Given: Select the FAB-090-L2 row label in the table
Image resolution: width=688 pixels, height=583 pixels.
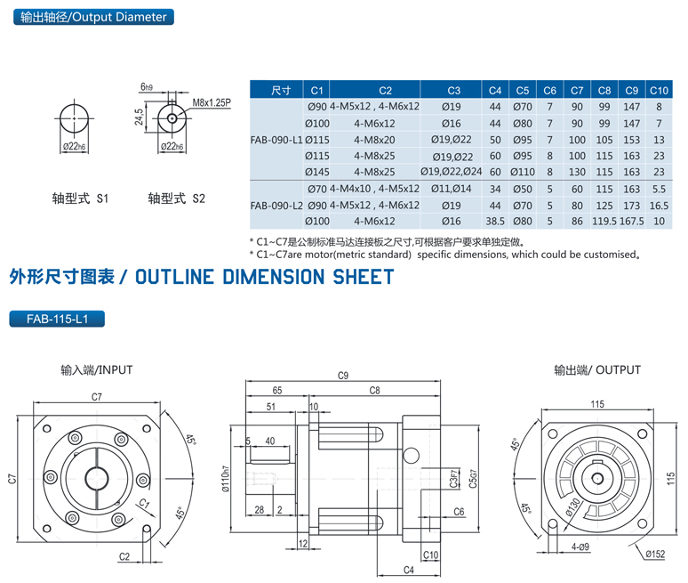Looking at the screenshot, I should (277, 205).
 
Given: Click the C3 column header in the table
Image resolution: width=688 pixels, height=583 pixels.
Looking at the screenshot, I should (453, 90).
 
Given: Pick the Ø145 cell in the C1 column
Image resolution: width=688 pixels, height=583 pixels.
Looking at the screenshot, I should (317, 171).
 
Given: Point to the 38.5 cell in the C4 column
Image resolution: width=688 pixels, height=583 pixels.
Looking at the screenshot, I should (495, 220).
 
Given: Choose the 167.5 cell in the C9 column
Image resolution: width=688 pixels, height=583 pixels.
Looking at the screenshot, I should (631, 220).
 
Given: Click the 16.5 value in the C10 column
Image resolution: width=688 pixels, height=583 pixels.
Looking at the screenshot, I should (659, 205).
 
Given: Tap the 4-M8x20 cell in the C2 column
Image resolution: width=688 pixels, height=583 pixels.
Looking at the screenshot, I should (385, 139).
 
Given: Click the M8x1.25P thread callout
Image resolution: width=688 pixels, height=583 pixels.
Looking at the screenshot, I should (212, 103).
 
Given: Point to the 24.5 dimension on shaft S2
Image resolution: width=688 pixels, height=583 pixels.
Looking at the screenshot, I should (140, 117).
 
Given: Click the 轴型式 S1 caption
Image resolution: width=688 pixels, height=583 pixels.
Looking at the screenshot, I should (80, 199).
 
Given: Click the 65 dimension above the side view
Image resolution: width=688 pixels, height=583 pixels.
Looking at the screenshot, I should (276, 390).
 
